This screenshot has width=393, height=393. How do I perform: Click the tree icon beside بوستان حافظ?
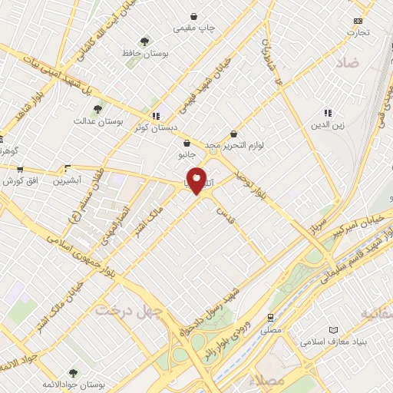tap(144, 41)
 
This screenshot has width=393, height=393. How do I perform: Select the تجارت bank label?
tap(357, 32)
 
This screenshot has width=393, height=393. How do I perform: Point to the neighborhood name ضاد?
tap(347, 64)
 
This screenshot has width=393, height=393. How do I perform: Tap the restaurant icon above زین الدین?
tap(328, 112)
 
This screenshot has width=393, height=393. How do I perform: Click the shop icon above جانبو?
tap(187, 143)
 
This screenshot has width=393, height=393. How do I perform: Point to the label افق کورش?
tap(20, 181)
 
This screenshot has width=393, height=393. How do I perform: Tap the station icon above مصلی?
tap(270, 316)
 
